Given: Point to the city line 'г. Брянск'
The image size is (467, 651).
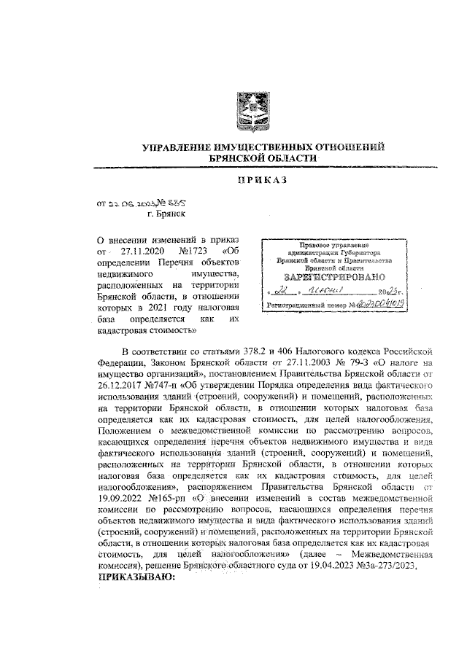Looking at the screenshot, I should (x=166, y=214).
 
